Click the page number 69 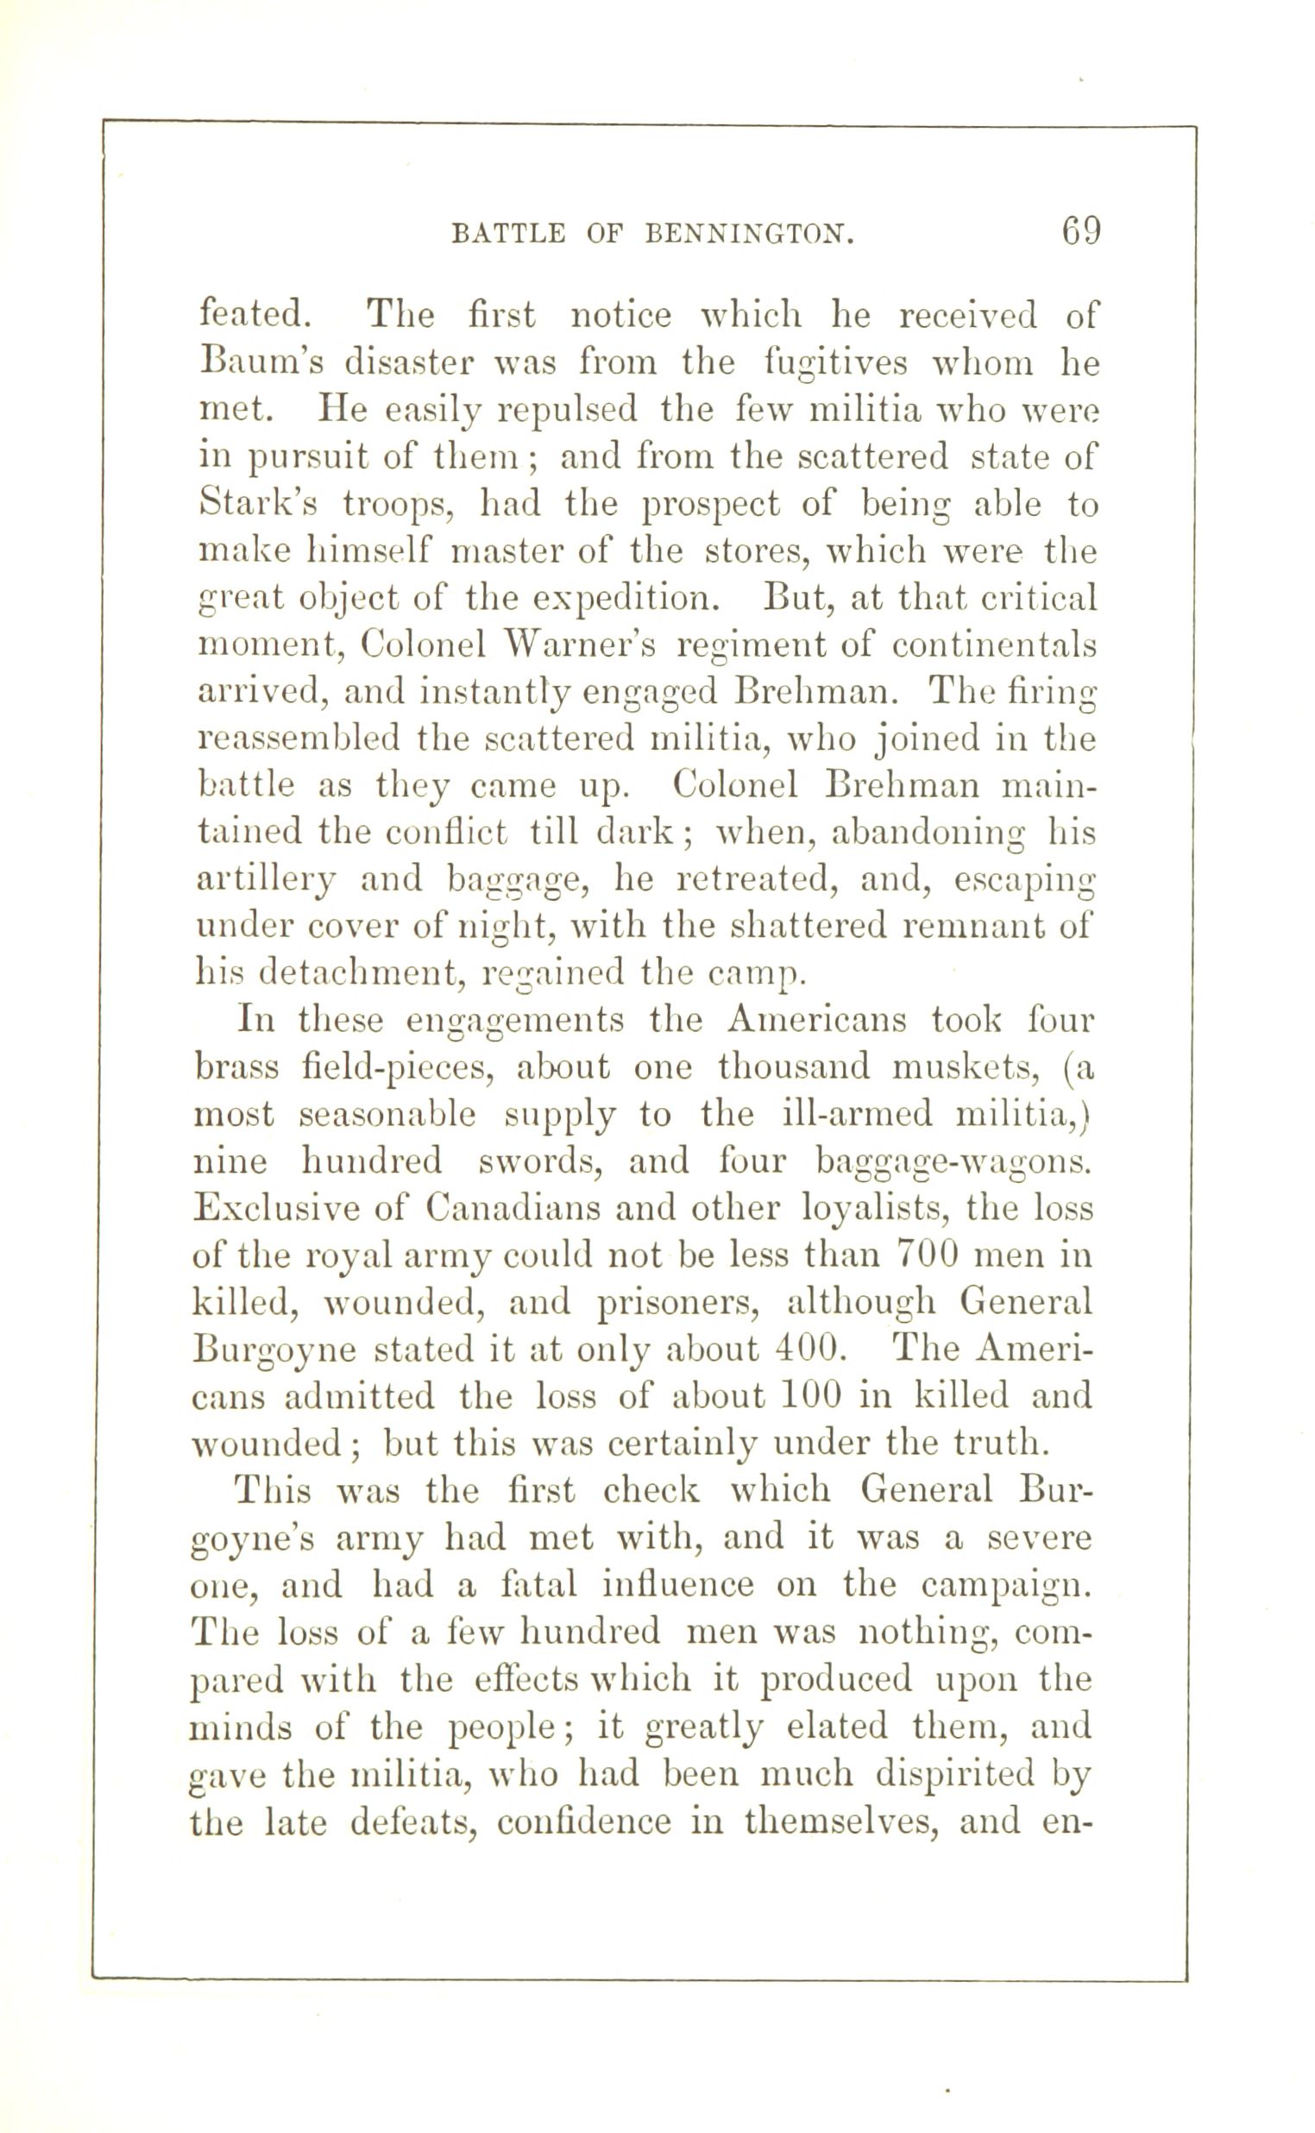1079,232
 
